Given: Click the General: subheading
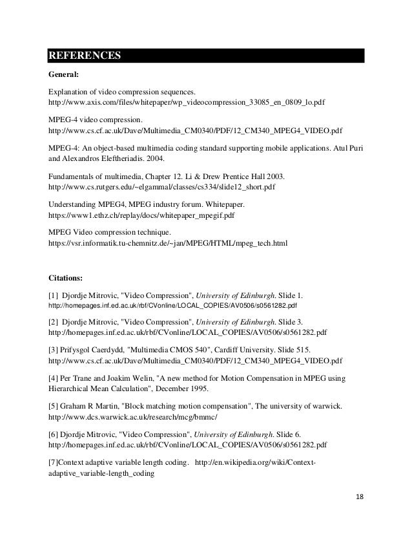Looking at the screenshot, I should pyautogui.click(x=64, y=74).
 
